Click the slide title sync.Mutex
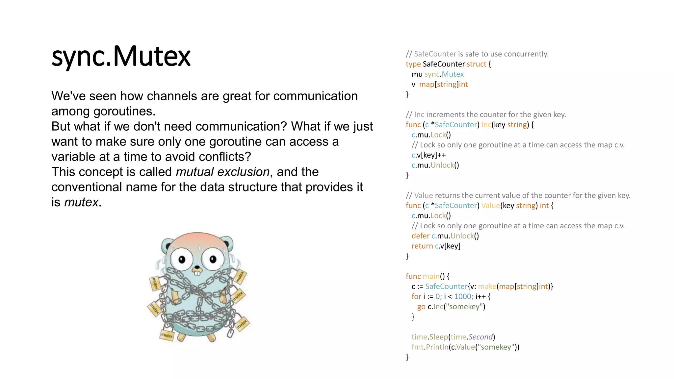pyautogui.click(x=121, y=56)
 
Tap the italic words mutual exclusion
pyautogui.click(x=222, y=172)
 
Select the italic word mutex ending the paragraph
pyautogui.click(x=81, y=202)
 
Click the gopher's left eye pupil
pyautogui.click(x=182, y=260)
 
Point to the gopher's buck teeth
pyautogui.click(x=197, y=272)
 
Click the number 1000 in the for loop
pyautogui.click(x=462, y=296)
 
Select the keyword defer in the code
pyautogui.click(x=420, y=236)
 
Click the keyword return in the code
pyautogui.click(x=422, y=246)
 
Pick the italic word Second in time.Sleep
pyautogui.click(x=480, y=337)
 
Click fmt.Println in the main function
pyautogui.click(x=430, y=347)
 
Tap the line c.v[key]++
pyautogui.click(x=428, y=155)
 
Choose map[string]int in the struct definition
pyautogui.click(x=443, y=84)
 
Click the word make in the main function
pyautogui.click(x=487, y=286)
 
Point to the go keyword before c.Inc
pyautogui.click(x=421, y=307)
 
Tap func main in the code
pyautogui.click(x=423, y=276)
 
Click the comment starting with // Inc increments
pyautogui.click(x=486, y=114)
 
